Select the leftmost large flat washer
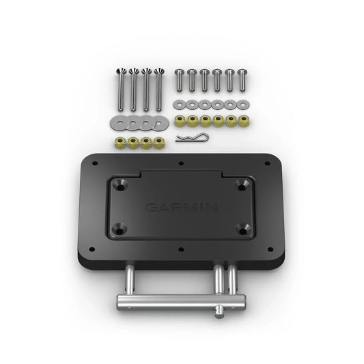click(x=118, y=124)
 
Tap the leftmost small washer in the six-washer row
click(x=179, y=104)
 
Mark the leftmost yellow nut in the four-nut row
click(x=117, y=143)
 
